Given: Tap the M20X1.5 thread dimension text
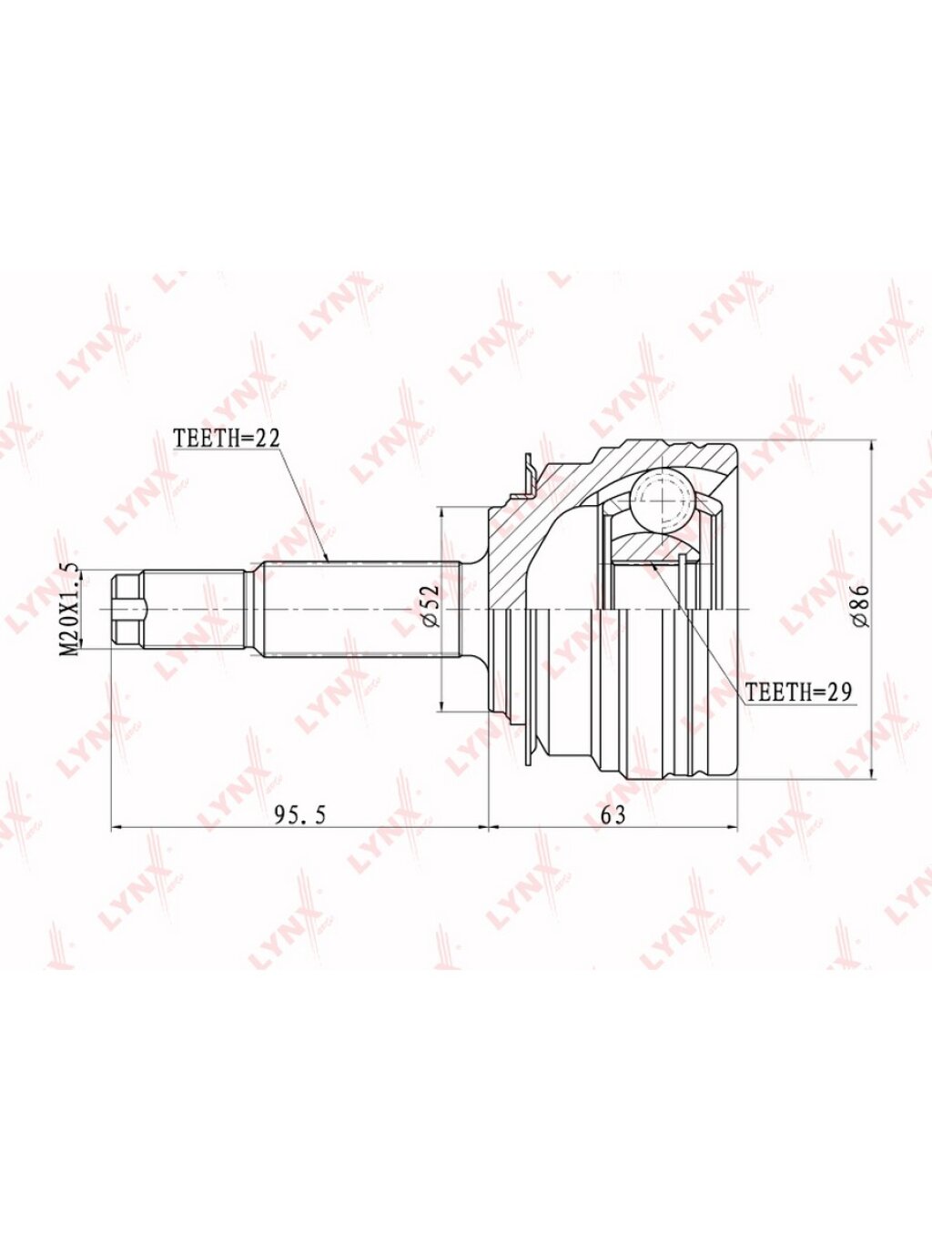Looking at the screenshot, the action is click(x=71, y=610).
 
